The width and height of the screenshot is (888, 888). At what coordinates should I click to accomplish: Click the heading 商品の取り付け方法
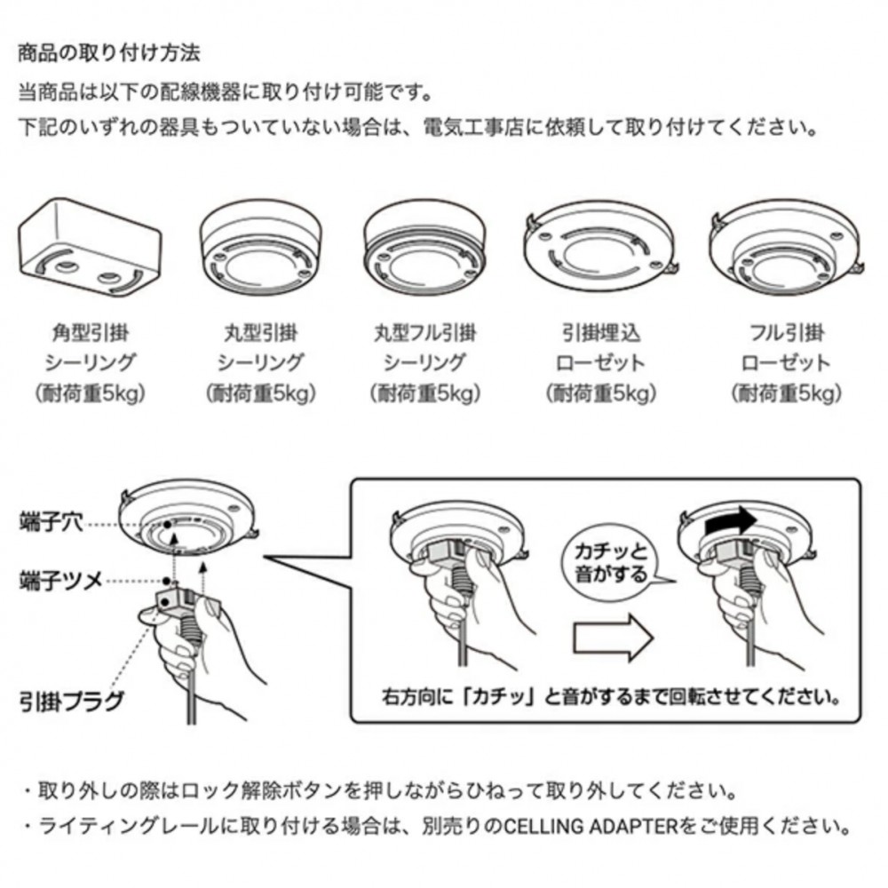(x=109, y=53)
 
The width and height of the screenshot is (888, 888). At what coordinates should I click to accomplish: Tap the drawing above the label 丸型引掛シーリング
(x=260, y=248)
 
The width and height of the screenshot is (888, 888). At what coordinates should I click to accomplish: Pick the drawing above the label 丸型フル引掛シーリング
(x=424, y=248)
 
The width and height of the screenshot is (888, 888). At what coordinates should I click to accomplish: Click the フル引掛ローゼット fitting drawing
(x=787, y=248)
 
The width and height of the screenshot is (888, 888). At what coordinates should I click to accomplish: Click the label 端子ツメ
(x=60, y=581)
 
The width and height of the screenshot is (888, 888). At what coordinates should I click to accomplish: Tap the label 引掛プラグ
(x=71, y=702)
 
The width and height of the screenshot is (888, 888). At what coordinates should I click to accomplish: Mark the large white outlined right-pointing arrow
(x=613, y=638)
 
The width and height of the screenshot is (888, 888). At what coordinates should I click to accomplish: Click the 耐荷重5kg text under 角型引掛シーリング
(x=91, y=393)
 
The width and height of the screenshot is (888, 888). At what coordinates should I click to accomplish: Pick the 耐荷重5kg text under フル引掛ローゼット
(x=787, y=393)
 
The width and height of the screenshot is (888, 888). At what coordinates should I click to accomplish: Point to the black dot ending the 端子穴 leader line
(x=168, y=525)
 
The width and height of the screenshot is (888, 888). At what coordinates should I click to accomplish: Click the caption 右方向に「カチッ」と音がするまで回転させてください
(x=612, y=696)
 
